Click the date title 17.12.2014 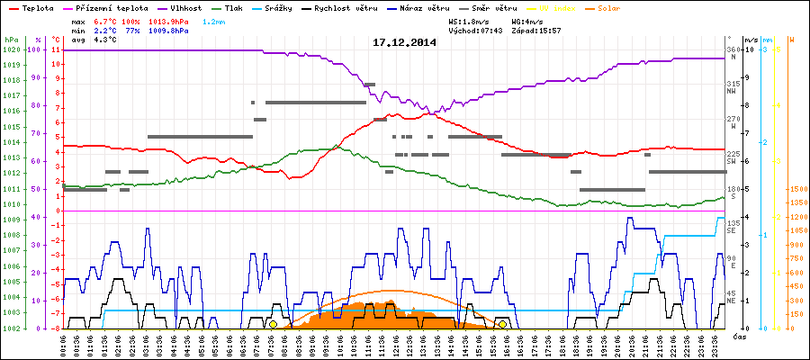pyautogui.click(x=404, y=42)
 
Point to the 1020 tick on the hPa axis pyautogui.click(x=12, y=49)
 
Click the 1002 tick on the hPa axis pyautogui.click(x=12, y=328)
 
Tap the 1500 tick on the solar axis pyautogui.click(x=797, y=189)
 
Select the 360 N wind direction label pyautogui.click(x=733, y=53)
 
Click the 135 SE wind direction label pyautogui.click(x=733, y=226)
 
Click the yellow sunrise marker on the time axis pyautogui.click(x=273, y=324)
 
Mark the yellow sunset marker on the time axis pyautogui.click(x=502, y=324)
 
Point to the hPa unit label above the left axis pyautogui.click(x=11, y=40)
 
